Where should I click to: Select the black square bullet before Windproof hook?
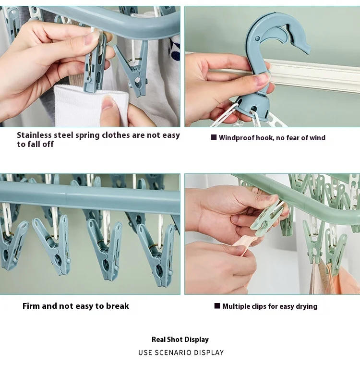214,137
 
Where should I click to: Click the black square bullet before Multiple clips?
217,306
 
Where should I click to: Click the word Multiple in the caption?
237,306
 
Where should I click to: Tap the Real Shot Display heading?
180,340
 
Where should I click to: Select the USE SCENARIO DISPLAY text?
181,353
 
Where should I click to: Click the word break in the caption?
118,306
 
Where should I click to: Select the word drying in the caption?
305,306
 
